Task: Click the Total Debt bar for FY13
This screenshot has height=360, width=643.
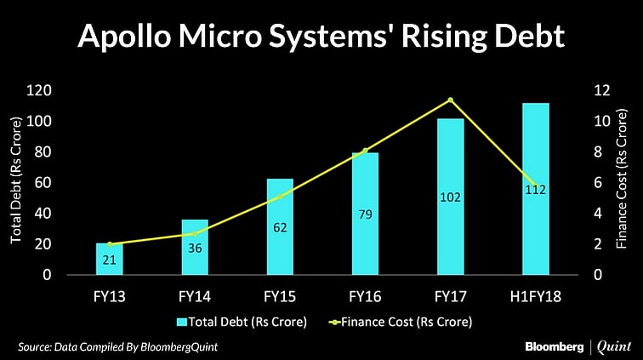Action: click(110, 259)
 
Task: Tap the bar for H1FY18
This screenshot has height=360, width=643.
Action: click(536, 189)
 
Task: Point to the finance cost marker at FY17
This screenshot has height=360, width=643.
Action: click(451, 100)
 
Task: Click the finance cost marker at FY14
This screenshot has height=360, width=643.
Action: click(195, 233)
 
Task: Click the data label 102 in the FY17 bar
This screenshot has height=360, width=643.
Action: click(451, 197)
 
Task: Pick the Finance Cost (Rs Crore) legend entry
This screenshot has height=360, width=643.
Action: click(403, 322)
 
